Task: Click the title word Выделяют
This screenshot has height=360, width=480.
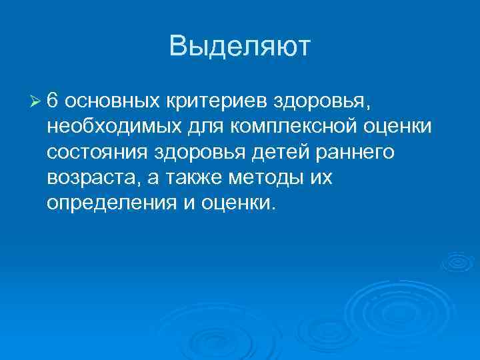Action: click(240, 47)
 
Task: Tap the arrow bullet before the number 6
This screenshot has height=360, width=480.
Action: click(36, 101)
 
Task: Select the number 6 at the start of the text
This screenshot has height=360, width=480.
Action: click(54, 101)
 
